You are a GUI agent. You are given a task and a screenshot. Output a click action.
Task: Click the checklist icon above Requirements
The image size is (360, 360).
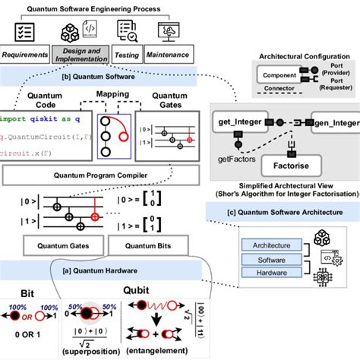coord(25,30)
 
